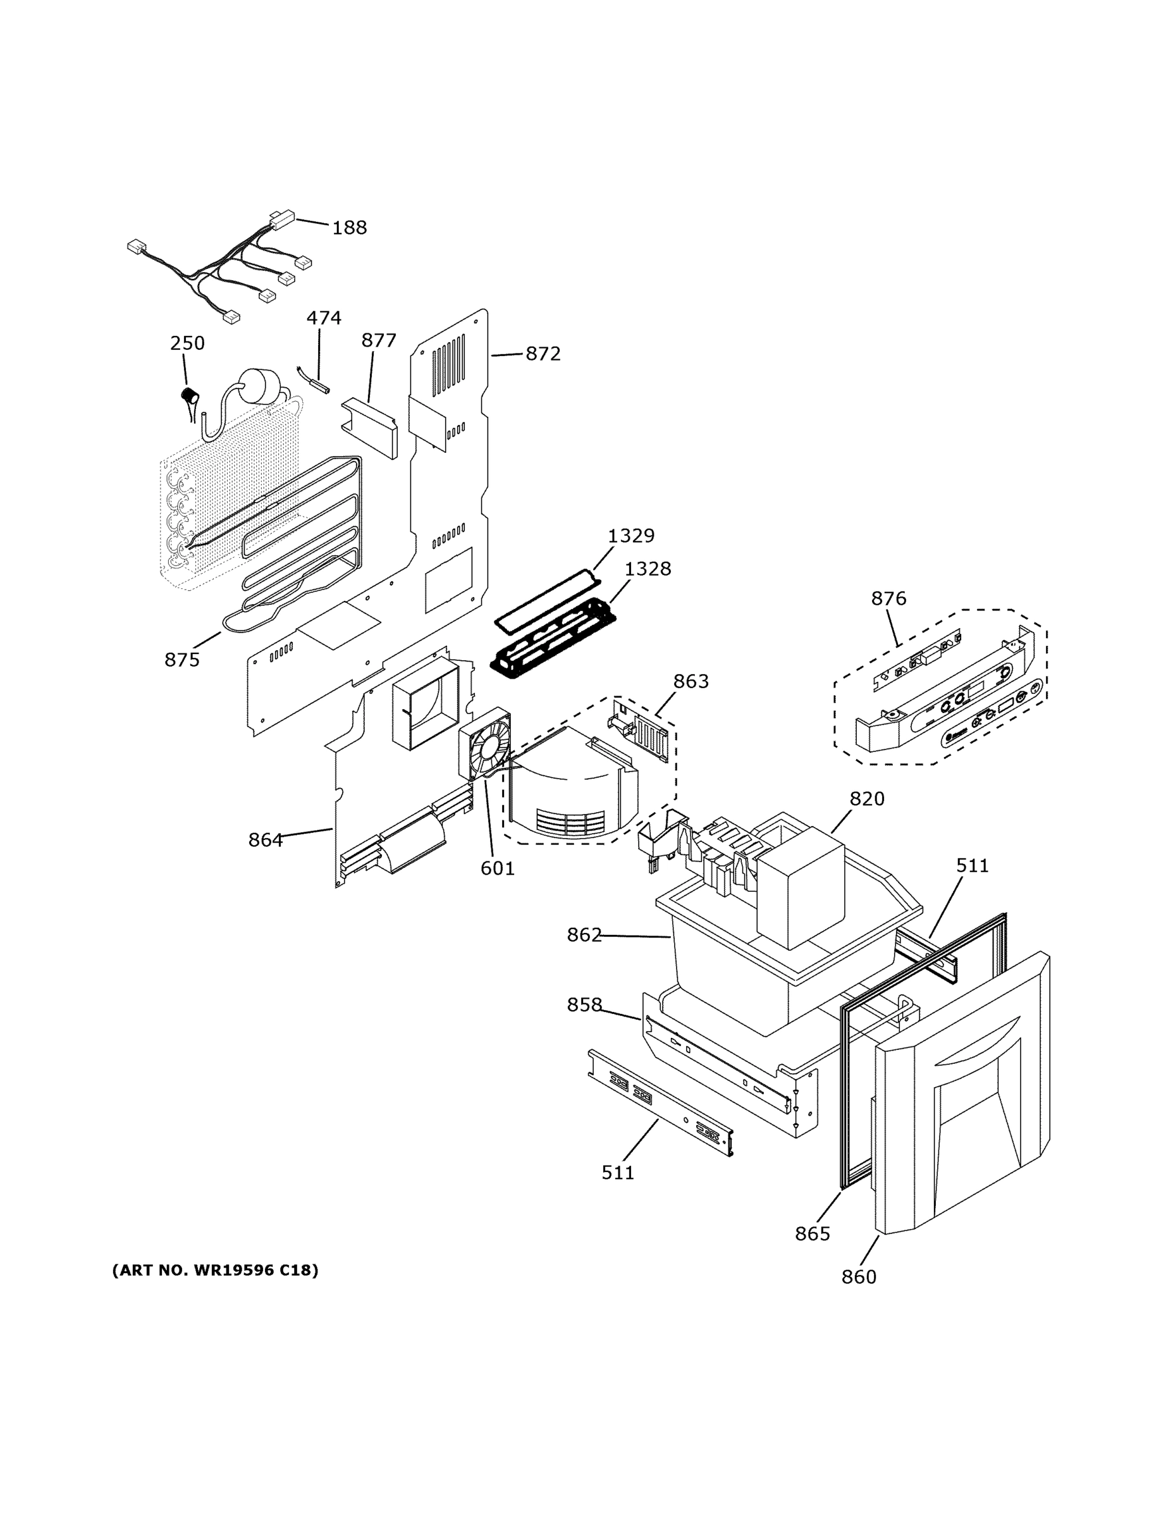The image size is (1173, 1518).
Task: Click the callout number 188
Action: click(x=349, y=227)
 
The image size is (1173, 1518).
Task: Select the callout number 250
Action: click(x=187, y=343)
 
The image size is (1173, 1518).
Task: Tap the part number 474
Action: click(x=324, y=318)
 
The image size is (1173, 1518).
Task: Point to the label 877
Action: click(x=379, y=340)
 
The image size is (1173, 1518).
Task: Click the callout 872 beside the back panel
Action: click(x=543, y=354)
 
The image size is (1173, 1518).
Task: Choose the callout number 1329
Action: click(x=631, y=535)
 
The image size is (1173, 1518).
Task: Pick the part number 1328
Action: click(x=648, y=569)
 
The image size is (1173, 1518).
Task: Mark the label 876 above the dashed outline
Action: click(x=889, y=598)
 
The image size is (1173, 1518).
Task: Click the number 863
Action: click(x=691, y=681)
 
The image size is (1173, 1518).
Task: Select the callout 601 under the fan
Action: click(x=498, y=868)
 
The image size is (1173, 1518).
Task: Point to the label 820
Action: click(x=866, y=799)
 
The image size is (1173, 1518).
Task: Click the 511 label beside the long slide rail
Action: click(x=618, y=1173)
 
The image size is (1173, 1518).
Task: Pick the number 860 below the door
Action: click(x=859, y=1277)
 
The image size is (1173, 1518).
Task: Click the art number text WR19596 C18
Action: click(x=216, y=1271)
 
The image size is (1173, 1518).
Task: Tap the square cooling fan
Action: click(x=484, y=745)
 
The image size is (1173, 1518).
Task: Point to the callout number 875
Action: click(x=182, y=660)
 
